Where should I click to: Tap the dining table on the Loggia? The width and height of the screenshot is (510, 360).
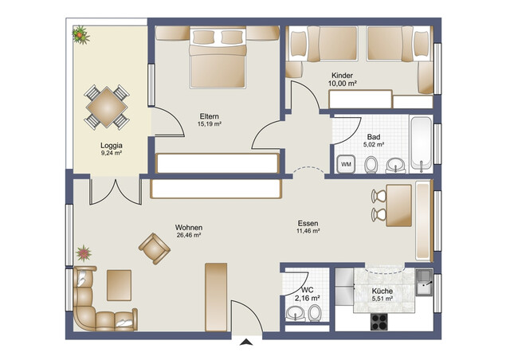click(x=106, y=106)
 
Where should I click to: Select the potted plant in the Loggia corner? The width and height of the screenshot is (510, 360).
click(x=80, y=34)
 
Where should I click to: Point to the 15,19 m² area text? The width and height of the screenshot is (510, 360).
click(x=210, y=124)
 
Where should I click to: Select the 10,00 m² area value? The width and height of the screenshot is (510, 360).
click(x=343, y=82)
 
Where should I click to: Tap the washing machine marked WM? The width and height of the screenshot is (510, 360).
click(x=346, y=163)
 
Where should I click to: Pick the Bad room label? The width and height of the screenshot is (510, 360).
click(x=373, y=137)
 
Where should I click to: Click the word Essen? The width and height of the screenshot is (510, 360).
click(x=308, y=223)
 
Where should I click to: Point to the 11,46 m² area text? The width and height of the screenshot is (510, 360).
click(x=308, y=232)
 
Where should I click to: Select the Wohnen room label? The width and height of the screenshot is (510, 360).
click(x=189, y=227)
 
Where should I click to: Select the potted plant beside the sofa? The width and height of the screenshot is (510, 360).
click(x=84, y=255)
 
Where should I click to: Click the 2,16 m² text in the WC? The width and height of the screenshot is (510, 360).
click(x=307, y=298)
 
